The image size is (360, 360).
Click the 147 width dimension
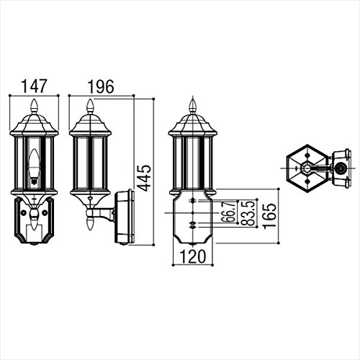click(x=34, y=86)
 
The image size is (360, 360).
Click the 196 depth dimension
click(x=101, y=86)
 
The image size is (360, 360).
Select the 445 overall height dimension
click(x=145, y=178)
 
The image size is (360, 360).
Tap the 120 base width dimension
click(x=193, y=256)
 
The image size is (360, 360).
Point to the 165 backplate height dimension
click(x=270, y=216)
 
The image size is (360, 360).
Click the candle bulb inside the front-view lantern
click(x=35, y=166)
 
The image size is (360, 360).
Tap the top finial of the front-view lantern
click(x=35, y=107)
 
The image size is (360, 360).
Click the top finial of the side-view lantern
click(x=90, y=107)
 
